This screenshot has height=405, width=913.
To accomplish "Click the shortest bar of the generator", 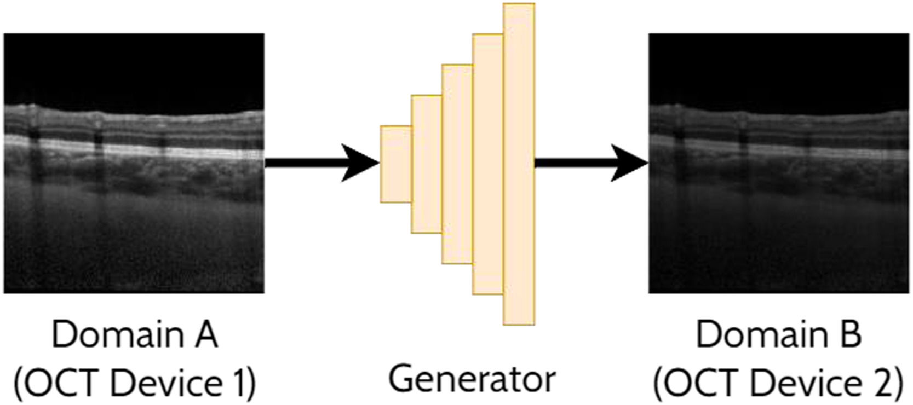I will tap(396, 164).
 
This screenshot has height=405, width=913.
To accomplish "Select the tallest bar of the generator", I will tap(519, 164).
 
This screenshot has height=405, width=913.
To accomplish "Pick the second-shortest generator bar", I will tap(427, 164).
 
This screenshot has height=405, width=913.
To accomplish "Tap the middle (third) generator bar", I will tap(457, 164).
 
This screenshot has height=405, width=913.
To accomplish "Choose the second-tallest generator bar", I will tap(488, 164).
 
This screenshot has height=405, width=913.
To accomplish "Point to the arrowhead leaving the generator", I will tap(630, 163).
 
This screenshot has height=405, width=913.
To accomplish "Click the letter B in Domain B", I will tap(849, 334).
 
